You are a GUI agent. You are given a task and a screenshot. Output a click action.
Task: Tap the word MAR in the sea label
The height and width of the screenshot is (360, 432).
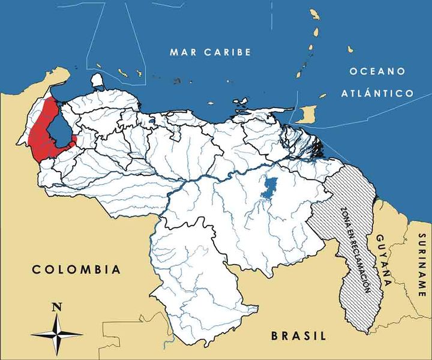pos(182,52)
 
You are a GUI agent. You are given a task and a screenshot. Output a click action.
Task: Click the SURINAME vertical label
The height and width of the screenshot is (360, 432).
pos(422,265)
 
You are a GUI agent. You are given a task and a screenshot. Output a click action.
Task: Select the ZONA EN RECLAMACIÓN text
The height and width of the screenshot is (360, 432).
pos(353,250)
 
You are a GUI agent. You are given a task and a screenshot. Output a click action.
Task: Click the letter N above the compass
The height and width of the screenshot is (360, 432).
pos(57,307)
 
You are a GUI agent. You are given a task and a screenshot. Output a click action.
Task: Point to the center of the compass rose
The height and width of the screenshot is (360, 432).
pos(57,333)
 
